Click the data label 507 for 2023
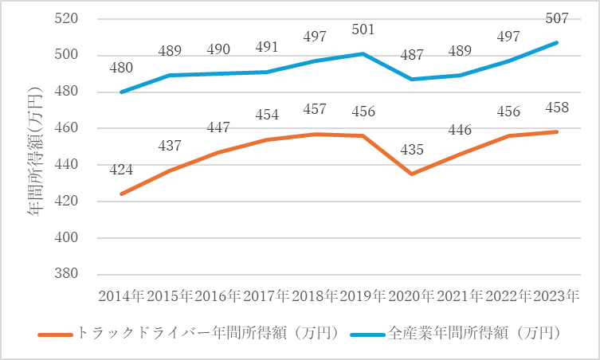(556, 18)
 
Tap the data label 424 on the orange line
(121, 169)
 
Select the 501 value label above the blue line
(363, 29)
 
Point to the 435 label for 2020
(411, 148)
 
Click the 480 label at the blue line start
(121, 68)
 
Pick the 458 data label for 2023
(556, 108)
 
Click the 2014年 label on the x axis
(121, 295)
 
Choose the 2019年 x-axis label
(363, 295)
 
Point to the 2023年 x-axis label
(556, 295)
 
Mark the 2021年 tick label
(460, 295)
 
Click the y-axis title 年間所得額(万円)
(37, 148)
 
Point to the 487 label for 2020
(411, 56)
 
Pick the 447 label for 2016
(218, 127)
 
